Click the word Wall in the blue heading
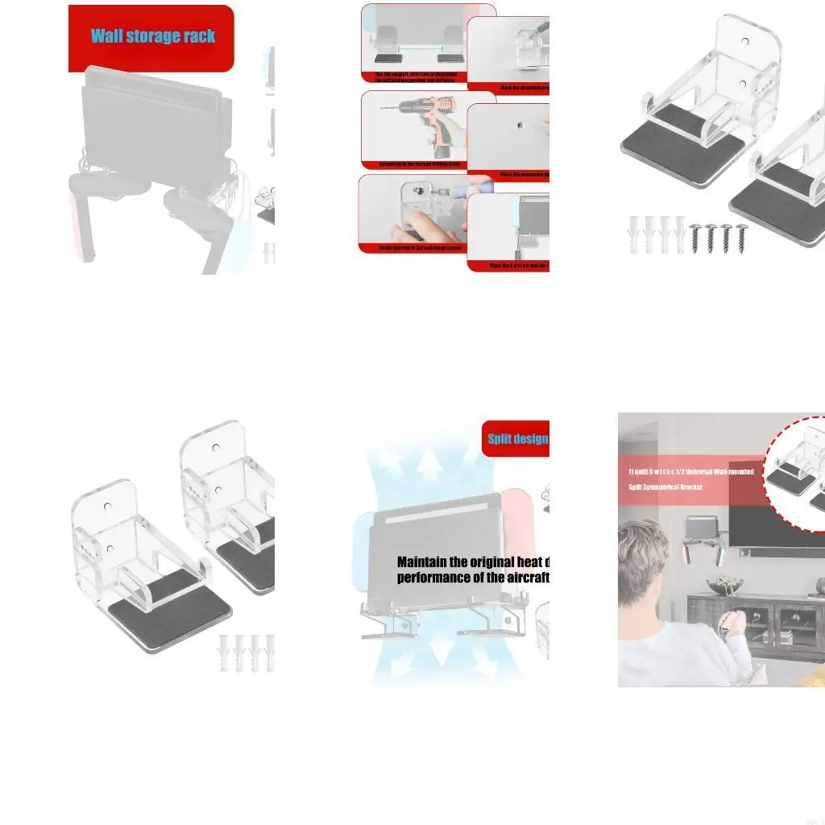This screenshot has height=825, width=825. pos(109,36)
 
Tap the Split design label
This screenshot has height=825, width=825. pos(517,439)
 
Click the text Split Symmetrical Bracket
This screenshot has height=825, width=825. pos(665,487)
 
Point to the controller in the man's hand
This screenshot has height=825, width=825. pos(729,621)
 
